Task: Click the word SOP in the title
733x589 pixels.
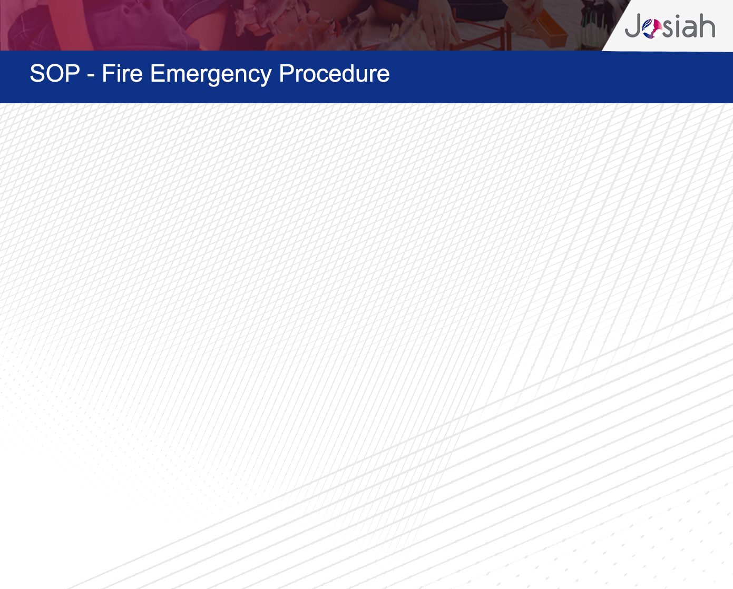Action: point(55,73)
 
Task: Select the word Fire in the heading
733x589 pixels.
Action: point(122,73)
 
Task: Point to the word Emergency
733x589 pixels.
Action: point(210,75)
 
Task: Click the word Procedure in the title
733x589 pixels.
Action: point(334,73)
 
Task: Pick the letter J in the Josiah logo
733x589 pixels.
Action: point(633,25)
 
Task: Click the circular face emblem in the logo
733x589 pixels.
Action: point(652,28)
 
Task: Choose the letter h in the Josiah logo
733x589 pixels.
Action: point(708,25)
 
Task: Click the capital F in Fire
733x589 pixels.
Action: point(108,73)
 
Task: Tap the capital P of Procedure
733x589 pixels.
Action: point(286,73)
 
